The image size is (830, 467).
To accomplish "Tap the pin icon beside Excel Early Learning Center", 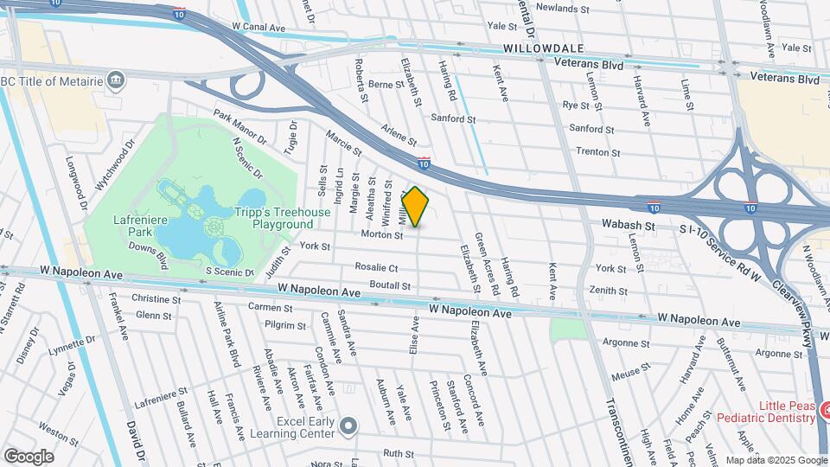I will [348, 425].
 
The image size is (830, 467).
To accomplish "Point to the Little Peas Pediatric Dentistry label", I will [787, 412].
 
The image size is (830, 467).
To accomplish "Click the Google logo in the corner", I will [29, 456].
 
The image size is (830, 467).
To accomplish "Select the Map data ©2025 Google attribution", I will [776, 460].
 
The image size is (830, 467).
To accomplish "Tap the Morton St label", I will [376, 234].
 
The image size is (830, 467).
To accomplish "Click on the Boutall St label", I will [389, 285].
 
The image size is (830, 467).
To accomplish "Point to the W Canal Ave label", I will [259, 28].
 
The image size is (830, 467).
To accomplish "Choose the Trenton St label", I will [597, 151].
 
